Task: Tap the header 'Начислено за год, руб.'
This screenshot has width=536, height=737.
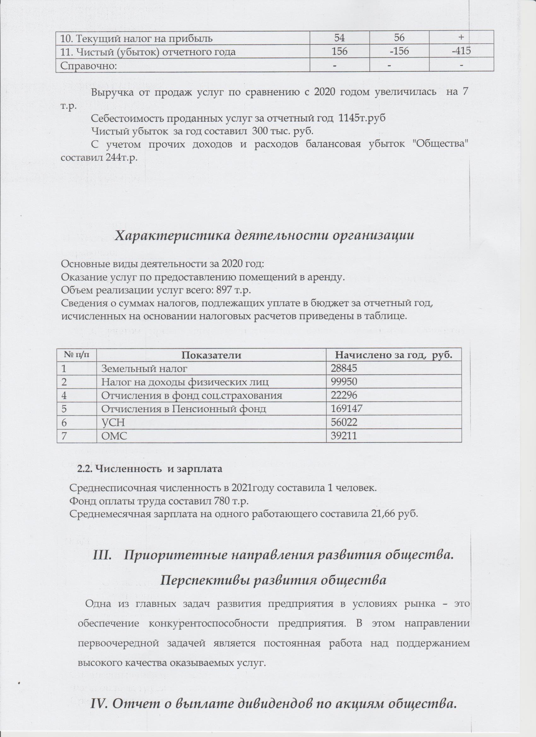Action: (x=394, y=355)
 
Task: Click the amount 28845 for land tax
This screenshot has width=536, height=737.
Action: (x=344, y=368)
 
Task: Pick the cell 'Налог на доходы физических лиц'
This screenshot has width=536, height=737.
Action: (x=185, y=382)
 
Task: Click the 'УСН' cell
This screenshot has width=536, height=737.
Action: (x=113, y=422)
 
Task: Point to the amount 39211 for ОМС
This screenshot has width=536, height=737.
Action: (x=344, y=436)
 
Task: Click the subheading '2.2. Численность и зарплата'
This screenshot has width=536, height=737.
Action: (x=149, y=469)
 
